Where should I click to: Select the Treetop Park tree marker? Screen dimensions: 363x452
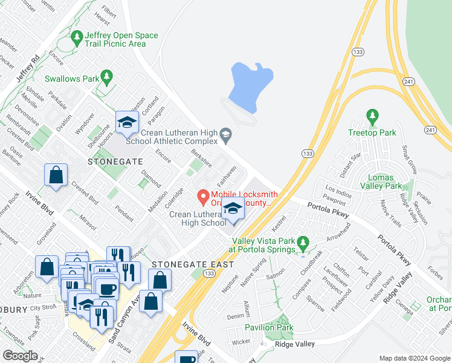[x=372, y=116]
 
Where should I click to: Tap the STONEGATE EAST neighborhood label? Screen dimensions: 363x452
[x=192, y=264]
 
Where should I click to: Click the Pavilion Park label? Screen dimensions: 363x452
[x=269, y=327]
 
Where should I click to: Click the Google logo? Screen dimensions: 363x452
[x=21, y=356]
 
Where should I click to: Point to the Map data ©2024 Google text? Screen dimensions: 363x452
[x=414, y=358]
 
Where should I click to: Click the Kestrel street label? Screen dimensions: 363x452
[x=279, y=223]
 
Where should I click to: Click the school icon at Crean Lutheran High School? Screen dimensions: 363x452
[x=233, y=209]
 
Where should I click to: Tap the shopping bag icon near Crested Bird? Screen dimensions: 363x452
[x=56, y=175]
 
